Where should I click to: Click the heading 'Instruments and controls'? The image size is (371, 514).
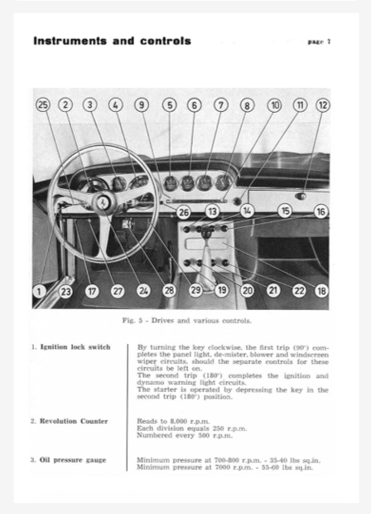pyautogui.click(x=112, y=41)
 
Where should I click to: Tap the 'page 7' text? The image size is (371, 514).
pyautogui.click(x=319, y=41)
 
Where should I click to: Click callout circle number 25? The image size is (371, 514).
pyautogui.click(x=44, y=104)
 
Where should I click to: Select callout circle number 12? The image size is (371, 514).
pyautogui.click(x=323, y=104)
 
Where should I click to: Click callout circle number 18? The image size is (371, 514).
pyautogui.click(x=321, y=291)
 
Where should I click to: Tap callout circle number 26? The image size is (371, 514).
pyautogui.click(x=184, y=212)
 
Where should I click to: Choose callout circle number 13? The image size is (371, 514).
pyautogui.click(x=213, y=212)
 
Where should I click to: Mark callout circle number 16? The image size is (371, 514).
pyautogui.click(x=320, y=212)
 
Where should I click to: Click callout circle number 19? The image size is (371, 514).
pyautogui.click(x=221, y=291)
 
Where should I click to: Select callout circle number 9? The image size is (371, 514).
pyautogui.click(x=142, y=104)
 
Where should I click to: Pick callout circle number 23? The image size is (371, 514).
pyautogui.click(x=66, y=291)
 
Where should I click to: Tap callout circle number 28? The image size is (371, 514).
pyautogui.click(x=169, y=291)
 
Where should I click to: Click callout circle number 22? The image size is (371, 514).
pyautogui.click(x=299, y=291)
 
